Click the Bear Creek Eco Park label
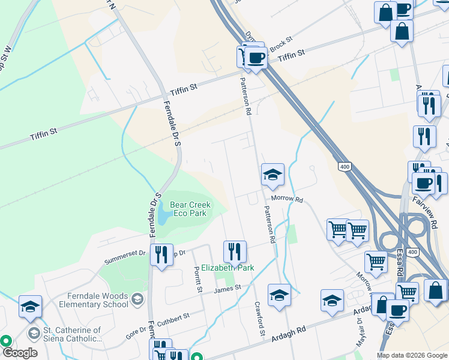(190, 209)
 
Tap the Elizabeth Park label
(228, 268)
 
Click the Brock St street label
(280, 43)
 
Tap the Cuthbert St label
(174, 316)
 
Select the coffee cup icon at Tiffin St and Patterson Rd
(256, 58)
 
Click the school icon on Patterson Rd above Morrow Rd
(273, 175)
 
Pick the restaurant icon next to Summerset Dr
(161, 254)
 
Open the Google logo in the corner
(20, 353)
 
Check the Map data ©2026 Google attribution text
(412, 355)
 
